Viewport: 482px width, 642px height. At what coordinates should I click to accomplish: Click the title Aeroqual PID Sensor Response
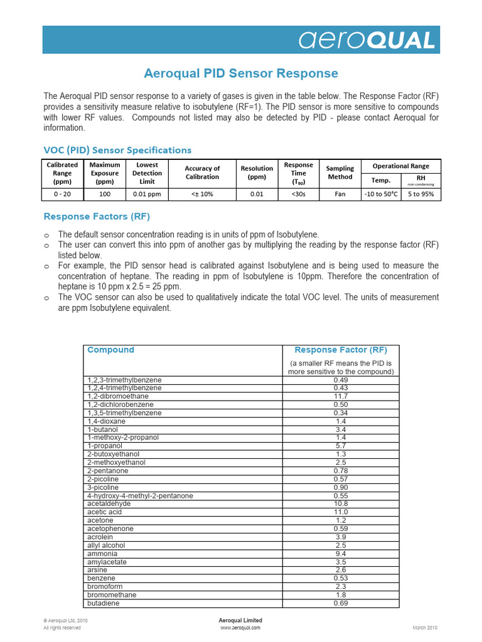[241, 73]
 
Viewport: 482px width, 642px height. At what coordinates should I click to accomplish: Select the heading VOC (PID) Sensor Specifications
[117, 150]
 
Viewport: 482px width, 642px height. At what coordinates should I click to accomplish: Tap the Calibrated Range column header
[63, 174]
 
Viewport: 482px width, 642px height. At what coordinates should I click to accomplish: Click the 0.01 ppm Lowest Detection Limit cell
[147, 194]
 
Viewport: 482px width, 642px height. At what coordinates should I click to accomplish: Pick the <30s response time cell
[298, 194]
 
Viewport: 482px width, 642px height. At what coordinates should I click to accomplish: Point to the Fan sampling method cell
[340, 194]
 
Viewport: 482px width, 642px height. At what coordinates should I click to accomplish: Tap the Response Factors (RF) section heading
[96, 216]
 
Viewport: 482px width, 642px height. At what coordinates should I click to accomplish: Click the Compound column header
[110, 350]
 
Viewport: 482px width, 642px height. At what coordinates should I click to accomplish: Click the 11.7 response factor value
[341, 396]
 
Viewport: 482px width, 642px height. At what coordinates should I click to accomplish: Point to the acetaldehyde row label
[109, 503]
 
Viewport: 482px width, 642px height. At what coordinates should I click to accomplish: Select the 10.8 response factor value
[341, 503]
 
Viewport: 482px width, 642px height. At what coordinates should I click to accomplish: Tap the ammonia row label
[102, 554]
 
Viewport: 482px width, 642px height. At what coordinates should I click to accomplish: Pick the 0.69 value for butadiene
[341, 603]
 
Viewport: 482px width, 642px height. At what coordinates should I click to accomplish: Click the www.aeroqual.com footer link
[240, 627]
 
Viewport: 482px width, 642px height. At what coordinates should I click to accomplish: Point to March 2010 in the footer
[425, 627]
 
